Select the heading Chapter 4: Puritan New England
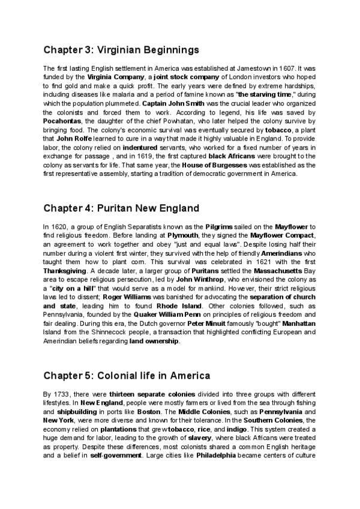click(121, 208)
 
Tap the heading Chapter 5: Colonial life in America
click(127, 376)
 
